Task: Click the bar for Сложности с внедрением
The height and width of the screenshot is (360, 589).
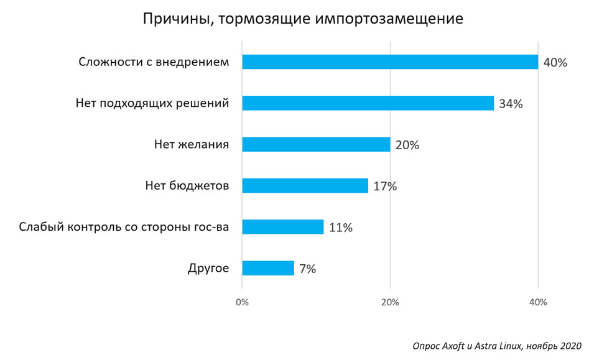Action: tap(390, 62)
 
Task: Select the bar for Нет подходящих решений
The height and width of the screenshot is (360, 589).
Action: tap(368, 103)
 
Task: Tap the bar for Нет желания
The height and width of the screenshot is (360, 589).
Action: tap(316, 144)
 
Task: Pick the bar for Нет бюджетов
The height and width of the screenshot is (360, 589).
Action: tap(305, 185)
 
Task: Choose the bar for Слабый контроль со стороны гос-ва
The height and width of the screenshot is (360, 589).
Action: tap(283, 227)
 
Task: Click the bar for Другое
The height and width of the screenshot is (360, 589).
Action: tap(268, 268)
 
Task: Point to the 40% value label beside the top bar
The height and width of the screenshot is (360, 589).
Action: tap(555, 63)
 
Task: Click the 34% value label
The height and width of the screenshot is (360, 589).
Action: tap(511, 104)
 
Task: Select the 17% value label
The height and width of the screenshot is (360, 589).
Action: tap(385, 187)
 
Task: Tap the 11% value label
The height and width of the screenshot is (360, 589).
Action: tap(341, 228)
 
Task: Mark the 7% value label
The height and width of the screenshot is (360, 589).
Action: tap(307, 269)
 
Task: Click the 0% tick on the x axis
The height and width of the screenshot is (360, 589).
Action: tap(242, 303)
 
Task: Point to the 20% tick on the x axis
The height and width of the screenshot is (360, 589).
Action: tap(390, 303)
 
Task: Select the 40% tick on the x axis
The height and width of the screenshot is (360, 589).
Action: tap(538, 303)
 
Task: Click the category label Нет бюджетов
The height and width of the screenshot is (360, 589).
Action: tap(187, 186)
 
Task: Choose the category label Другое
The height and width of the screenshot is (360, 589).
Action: tap(208, 269)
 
